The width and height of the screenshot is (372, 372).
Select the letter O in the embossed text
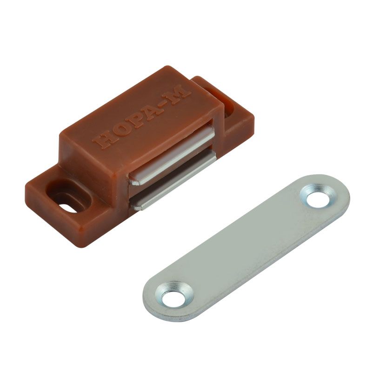tap(118, 132)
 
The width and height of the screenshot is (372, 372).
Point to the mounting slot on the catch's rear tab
tap(229, 108)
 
